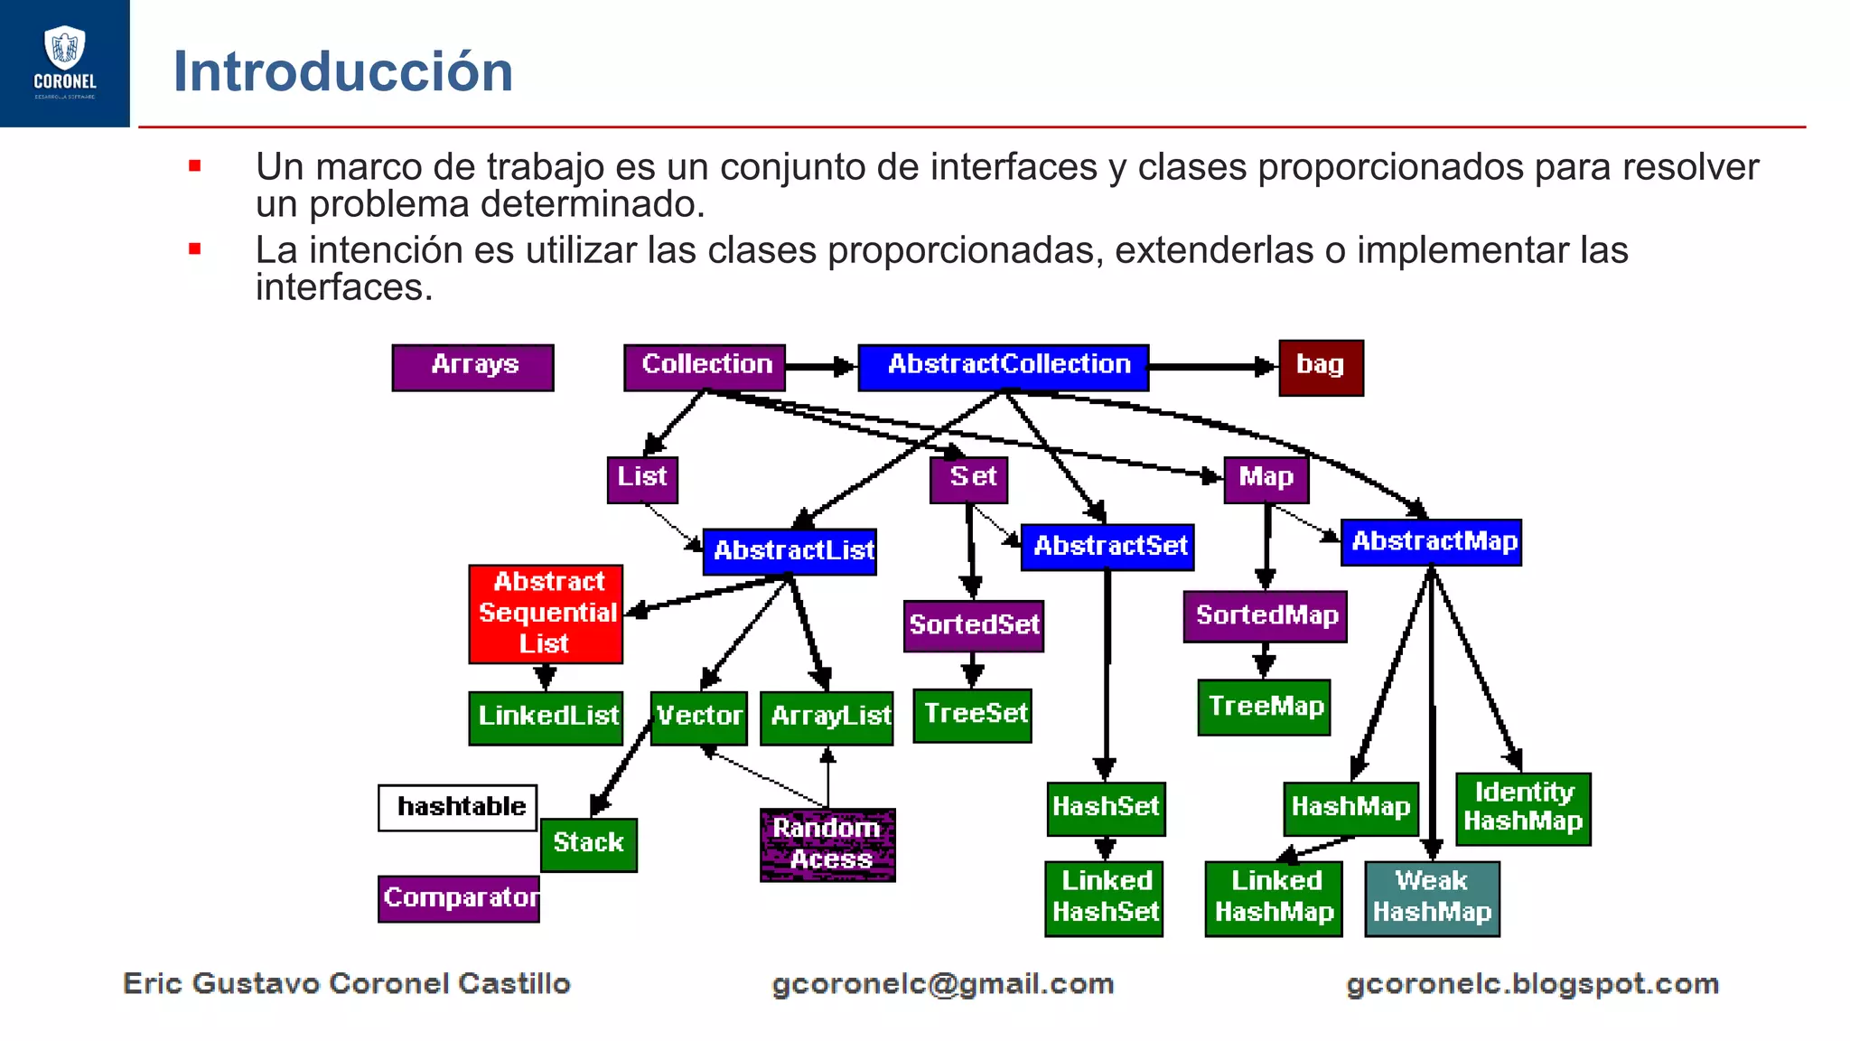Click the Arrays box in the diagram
(472, 367)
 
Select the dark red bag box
(1321, 367)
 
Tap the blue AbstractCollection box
(1003, 367)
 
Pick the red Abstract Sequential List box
(546, 614)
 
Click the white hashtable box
(458, 807)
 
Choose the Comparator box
(459, 898)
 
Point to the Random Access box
(827, 844)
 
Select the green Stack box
(589, 844)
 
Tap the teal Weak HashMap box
(1432, 898)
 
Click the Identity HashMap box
(1523, 808)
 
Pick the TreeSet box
(972, 715)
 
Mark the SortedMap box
(1265, 616)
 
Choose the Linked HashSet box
(1104, 898)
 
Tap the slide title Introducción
(343, 71)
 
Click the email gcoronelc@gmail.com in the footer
(942, 983)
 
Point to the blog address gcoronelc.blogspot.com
(1532, 983)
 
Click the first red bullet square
(194, 166)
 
